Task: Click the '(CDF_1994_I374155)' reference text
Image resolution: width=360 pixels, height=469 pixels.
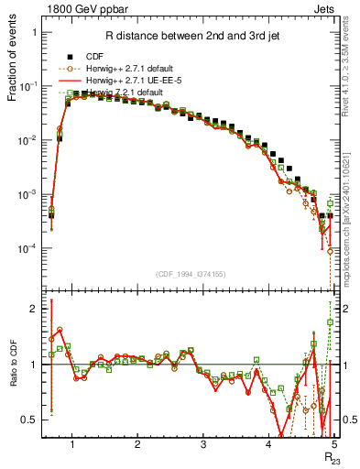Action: [189, 272]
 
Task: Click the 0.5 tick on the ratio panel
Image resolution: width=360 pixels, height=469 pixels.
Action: [33, 420]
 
